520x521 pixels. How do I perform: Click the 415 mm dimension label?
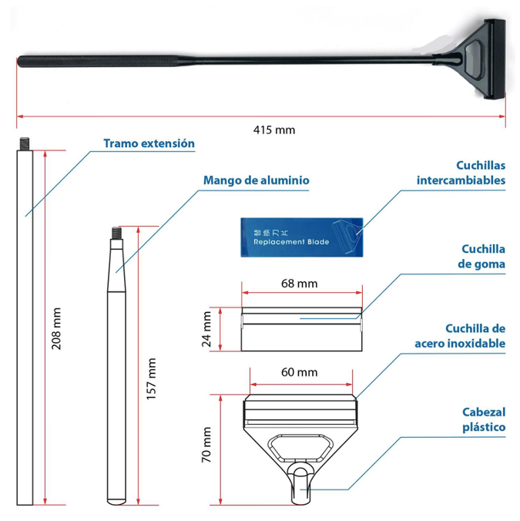[x=274, y=130]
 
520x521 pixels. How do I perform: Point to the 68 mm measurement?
[x=299, y=284]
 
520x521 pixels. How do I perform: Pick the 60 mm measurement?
[x=299, y=372]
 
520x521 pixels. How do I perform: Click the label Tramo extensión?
[x=149, y=143]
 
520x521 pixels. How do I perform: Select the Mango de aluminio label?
[x=257, y=180]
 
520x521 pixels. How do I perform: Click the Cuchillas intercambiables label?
[x=461, y=173]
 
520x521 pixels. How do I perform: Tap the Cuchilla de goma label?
[x=482, y=257]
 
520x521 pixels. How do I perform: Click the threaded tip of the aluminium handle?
[x=116, y=231]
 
